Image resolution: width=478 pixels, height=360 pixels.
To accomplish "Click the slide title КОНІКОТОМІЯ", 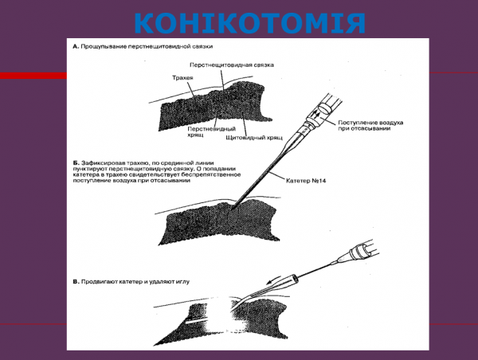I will (239, 22).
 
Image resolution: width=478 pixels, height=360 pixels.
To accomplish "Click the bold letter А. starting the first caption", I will (76, 46).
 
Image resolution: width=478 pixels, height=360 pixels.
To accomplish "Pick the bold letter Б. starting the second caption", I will (76, 161).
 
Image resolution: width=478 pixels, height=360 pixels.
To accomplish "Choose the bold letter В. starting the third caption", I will (76, 281).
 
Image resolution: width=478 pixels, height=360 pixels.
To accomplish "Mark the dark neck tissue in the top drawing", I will (215, 108).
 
